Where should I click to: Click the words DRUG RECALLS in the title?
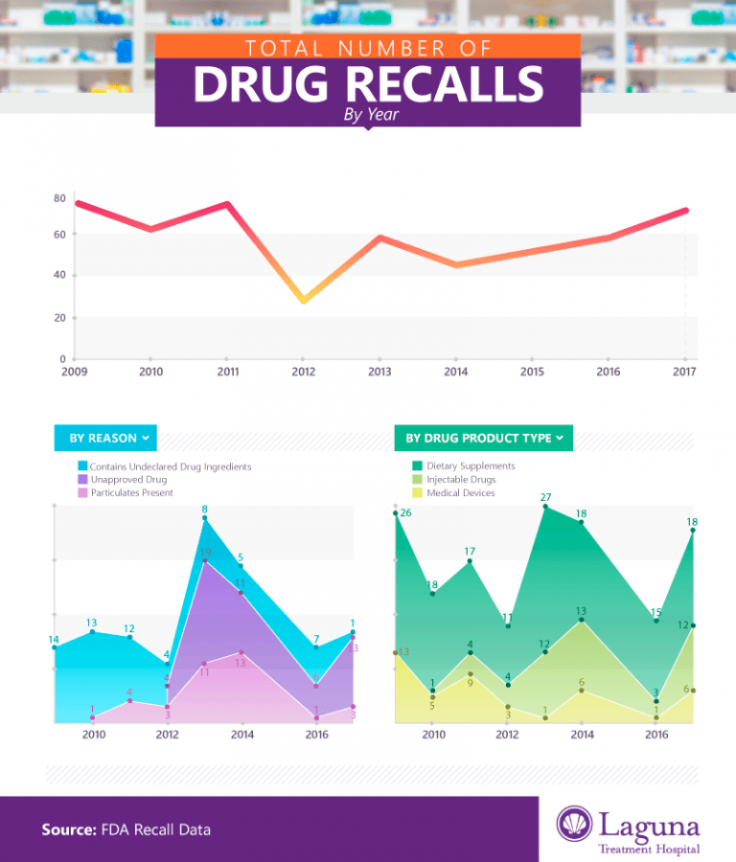(368, 85)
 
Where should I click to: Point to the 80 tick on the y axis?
(59, 198)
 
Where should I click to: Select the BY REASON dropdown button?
(105, 438)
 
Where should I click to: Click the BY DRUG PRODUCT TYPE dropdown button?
(483, 438)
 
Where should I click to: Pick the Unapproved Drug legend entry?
(128, 480)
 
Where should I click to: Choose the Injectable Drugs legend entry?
(460, 479)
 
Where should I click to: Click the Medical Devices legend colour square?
(417, 492)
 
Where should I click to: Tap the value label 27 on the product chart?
(545, 497)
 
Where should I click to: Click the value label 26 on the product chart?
(406, 512)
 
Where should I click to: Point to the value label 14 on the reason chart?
(54, 639)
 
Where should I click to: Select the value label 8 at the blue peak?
(204, 509)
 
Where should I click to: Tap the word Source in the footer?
(68, 829)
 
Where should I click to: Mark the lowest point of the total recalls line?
(303, 300)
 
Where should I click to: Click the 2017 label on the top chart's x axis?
(684, 372)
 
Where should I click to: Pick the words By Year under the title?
(371, 116)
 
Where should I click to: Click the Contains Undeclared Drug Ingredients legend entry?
(171, 466)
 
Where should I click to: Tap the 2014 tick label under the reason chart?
(242, 735)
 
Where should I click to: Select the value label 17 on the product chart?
(470, 551)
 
